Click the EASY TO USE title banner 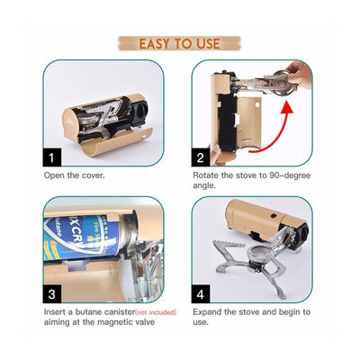click(179, 42)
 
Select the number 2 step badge click(201, 157)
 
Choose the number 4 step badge click(201, 293)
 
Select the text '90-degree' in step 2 click(287, 174)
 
